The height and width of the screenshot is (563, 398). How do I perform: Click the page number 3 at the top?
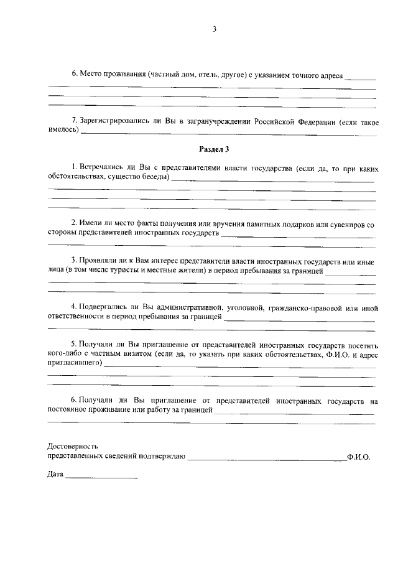pos(214,29)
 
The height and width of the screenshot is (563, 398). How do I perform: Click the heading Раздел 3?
pos(214,150)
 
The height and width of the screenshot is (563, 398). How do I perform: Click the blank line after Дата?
pos(101,477)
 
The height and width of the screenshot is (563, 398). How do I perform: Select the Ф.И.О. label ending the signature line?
pos(359,456)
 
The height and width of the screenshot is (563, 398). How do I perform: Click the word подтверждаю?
pos(164,456)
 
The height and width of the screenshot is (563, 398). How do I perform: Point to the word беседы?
pos(155,177)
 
